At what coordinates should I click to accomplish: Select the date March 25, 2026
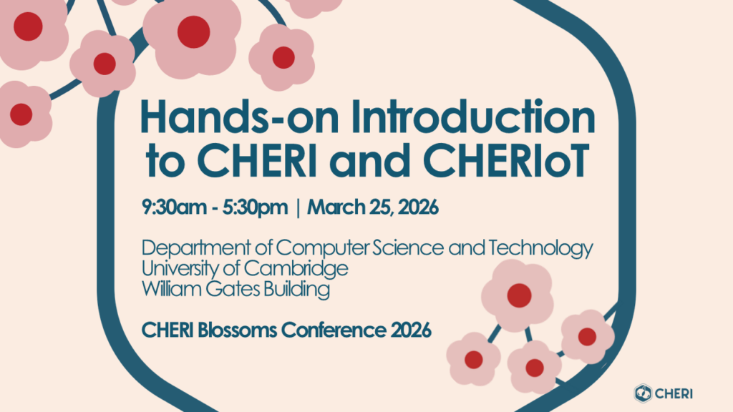coord(372,209)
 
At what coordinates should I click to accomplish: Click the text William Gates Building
coord(236,290)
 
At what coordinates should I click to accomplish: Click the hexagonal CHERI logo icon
coord(642,392)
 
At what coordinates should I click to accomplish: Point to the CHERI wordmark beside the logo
coord(676,392)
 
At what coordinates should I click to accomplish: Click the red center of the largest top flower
coord(193,32)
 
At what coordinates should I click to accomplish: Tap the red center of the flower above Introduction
coord(283,57)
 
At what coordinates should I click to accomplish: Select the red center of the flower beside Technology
coord(519,295)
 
